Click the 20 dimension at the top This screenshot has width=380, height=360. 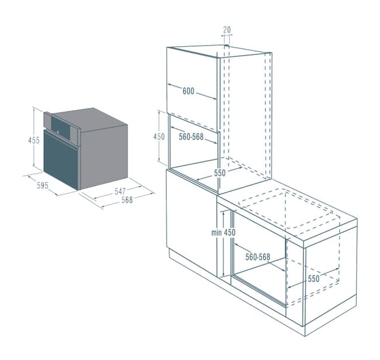tap(227, 30)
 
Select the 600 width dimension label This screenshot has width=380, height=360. tap(188, 91)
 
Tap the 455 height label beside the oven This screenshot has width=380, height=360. tap(34, 140)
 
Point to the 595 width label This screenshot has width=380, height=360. tap(43, 186)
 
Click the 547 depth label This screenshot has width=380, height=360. tap(120, 191)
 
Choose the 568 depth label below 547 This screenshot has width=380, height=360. tap(127, 200)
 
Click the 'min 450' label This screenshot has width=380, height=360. tap(223, 233)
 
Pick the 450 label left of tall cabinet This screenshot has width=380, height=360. tap(159, 137)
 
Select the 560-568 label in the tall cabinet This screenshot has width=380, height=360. tap(191, 137)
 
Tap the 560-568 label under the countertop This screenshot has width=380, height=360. tap(258, 257)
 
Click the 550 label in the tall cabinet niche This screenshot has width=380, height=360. tap(220, 173)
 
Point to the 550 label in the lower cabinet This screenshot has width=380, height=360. tap(313, 279)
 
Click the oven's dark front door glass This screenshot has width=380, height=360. tap(61, 159)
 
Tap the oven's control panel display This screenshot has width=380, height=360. tap(61, 126)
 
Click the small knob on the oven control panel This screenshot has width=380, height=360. tap(58, 132)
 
